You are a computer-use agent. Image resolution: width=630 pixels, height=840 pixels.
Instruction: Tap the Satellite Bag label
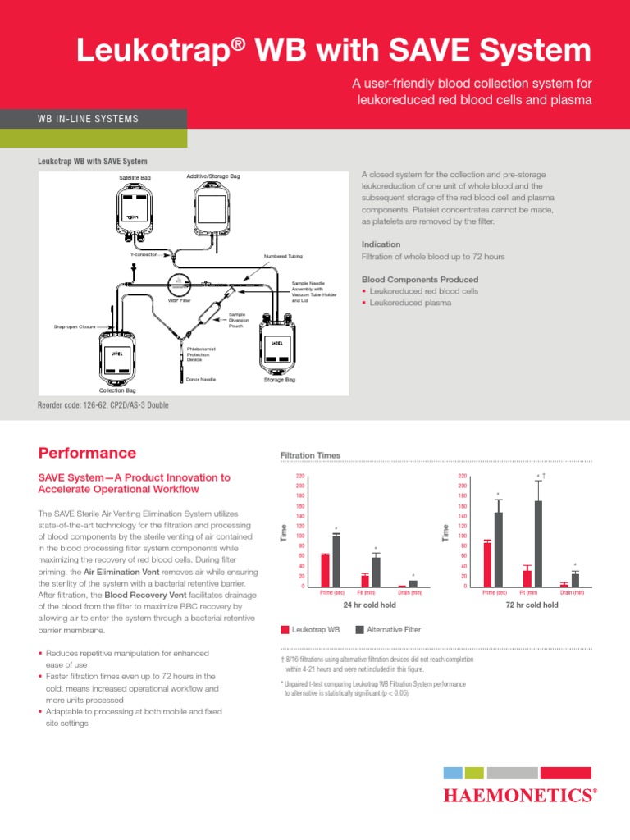tap(135, 177)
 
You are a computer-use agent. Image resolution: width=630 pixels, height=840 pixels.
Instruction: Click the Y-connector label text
tap(144, 254)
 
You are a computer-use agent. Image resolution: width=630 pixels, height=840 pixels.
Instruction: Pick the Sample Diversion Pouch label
tap(237, 320)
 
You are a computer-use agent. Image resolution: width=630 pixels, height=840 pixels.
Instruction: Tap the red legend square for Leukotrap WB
tap(285, 630)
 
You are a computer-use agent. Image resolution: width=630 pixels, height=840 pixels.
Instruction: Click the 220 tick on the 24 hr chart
tap(299, 476)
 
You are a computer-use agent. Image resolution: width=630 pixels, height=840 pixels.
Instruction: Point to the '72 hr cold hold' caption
tap(533, 605)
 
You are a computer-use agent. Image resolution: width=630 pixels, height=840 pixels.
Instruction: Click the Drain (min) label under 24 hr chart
tap(410, 591)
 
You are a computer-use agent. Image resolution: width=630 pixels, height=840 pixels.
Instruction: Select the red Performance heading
tap(87, 453)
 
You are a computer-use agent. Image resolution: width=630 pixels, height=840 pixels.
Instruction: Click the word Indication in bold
tap(381, 244)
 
